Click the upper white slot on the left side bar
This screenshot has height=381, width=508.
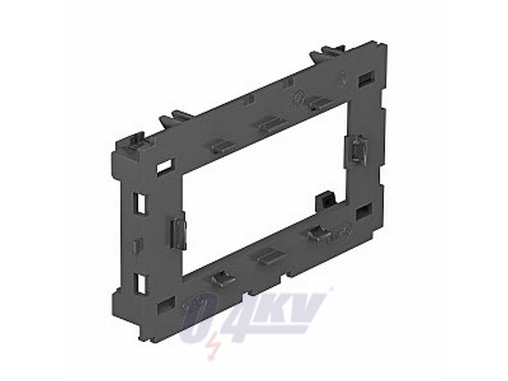point(140,202)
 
